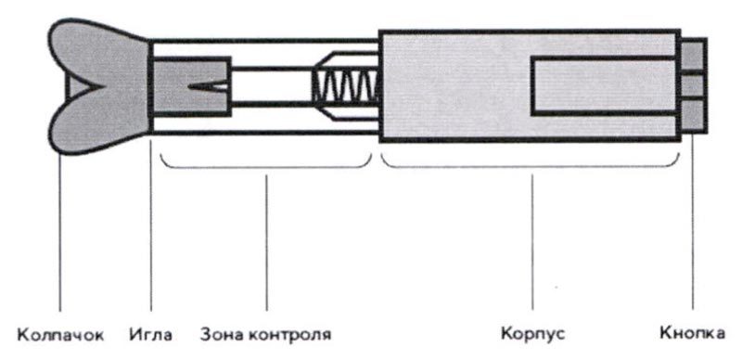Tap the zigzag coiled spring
[344, 86]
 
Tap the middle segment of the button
[694, 85]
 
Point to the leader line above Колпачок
[60, 232]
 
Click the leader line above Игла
[150, 232]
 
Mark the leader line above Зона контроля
[266, 241]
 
